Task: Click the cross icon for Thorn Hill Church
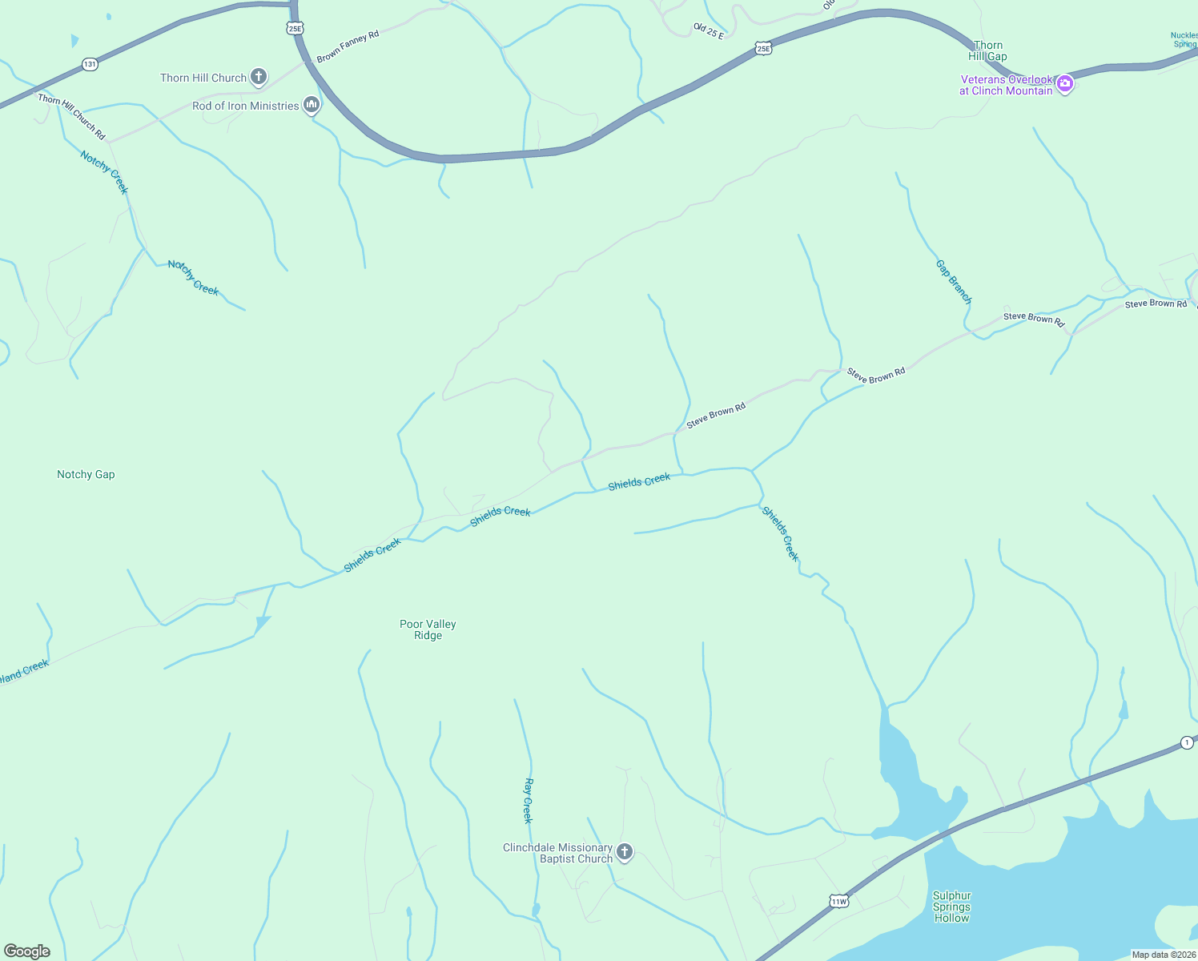coord(258,77)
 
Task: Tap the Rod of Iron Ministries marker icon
coord(312,105)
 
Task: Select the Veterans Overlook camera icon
coord(1064,83)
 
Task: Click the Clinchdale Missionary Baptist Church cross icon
coord(625,852)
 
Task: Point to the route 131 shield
coord(90,64)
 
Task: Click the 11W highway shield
coord(838,901)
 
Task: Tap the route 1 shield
coord(1186,743)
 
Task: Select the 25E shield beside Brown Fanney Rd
coord(295,28)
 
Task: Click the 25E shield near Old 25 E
coord(763,49)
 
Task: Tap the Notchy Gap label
coord(86,475)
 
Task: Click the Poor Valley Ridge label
coord(428,629)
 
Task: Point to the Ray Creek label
coord(528,800)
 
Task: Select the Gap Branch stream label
coord(954,282)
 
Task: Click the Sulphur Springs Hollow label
coord(951,907)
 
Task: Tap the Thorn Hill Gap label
coord(987,51)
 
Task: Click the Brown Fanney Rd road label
coord(348,47)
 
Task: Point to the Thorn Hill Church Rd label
coord(71,116)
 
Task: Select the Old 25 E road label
coord(709,31)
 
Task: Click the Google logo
coord(27,951)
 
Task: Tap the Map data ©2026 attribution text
coord(1163,955)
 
